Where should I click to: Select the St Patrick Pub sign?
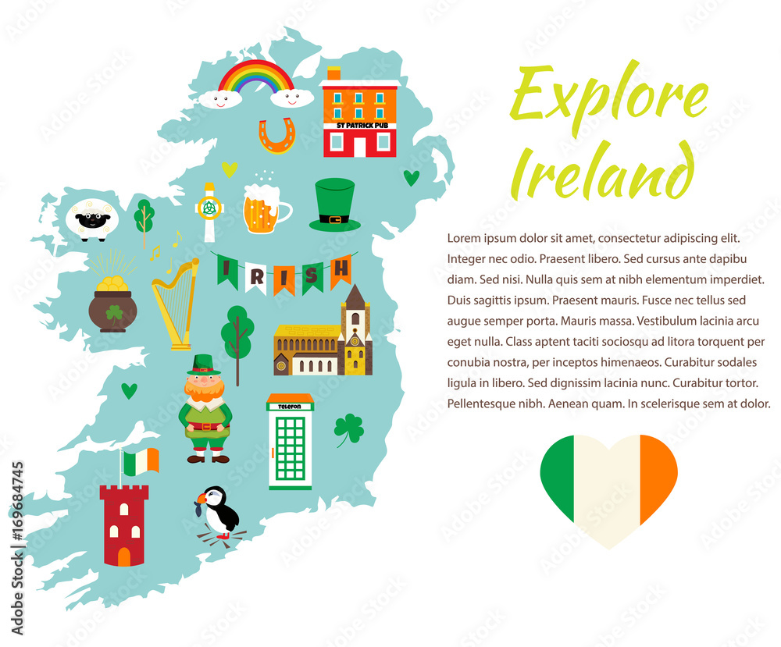pos(361,125)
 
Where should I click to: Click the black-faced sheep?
pos(92,219)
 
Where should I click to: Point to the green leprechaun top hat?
pos(334,205)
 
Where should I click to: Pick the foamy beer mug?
pos(264,209)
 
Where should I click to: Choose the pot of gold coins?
pos(112,305)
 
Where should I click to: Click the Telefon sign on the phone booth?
pos(290,406)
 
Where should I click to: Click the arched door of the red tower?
pos(124,555)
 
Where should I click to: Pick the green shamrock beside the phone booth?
pos(348,428)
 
